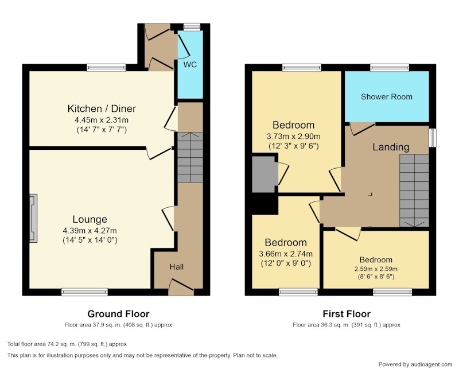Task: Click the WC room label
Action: pyautogui.click(x=190, y=65)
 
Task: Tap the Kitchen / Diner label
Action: pyautogui.click(x=102, y=108)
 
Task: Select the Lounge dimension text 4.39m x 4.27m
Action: pyautogui.click(x=90, y=231)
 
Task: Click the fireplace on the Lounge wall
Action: pyautogui.click(x=33, y=218)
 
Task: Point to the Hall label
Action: pyautogui.click(x=177, y=267)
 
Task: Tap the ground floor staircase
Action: pyautogui.click(x=190, y=157)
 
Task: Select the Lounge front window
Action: pyautogui.click(x=84, y=292)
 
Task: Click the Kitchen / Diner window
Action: pyautogui.click(x=106, y=68)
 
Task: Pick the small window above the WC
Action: pyautogui.click(x=192, y=26)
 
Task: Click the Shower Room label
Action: pyautogui.click(x=386, y=97)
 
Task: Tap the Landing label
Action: pyautogui.click(x=391, y=147)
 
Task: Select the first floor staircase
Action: pyautogui.click(x=414, y=191)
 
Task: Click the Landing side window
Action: pyautogui.click(x=433, y=138)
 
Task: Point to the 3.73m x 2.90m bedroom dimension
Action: pyautogui.click(x=293, y=137)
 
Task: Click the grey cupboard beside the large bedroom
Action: pyautogui.click(x=263, y=174)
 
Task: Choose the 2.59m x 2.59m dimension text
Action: pyautogui.click(x=376, y=269)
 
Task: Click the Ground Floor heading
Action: pyautogui.click(x=118, y=314)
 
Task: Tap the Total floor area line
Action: pyautogui.click(x=67, y=344)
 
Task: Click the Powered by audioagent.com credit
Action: pyautogui.click(x=415, y=364)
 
